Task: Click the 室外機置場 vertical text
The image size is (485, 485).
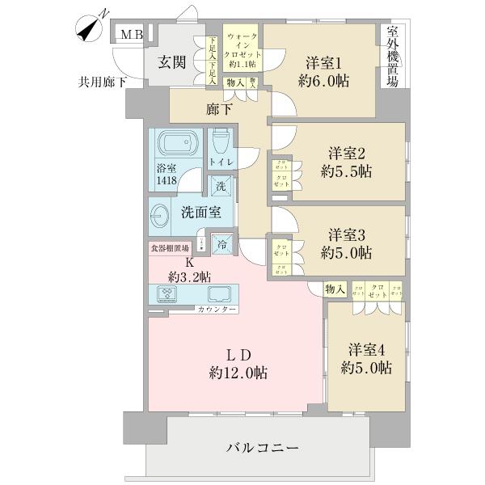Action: point(393,61)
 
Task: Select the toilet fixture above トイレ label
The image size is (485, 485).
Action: point(221,143)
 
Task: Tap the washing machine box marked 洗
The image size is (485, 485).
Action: point(221,186)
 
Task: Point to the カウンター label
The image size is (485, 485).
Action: point(217,310)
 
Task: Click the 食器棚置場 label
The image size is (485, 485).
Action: point(168,250)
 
